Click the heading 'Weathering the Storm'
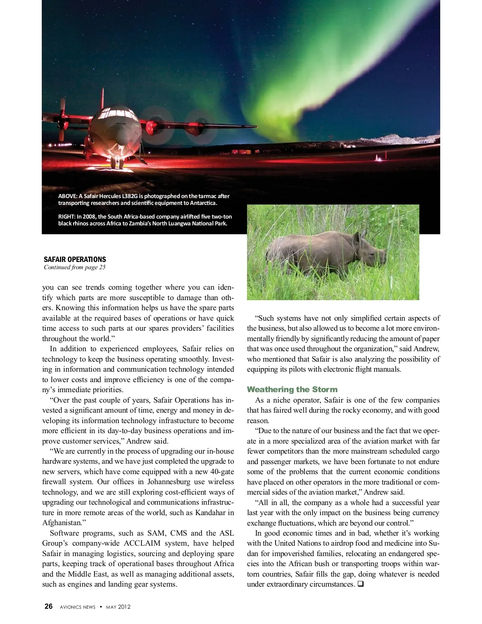click(x=292, y=389)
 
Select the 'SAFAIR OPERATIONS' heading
click(x=75, y=260)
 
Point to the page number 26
click(x=49, y=606)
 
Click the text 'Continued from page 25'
click(x=75, y=267)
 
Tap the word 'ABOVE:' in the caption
click(x=67, y=196)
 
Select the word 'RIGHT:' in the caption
click(x=67, y=217)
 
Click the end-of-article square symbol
click(x=360, y=584)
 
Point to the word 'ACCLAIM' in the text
click(x=142, y=543)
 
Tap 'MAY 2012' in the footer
click(x=118, y=607)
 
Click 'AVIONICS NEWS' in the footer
click(x=78, y=607)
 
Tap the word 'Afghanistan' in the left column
click(x=62, y=523)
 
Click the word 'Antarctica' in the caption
click(x=203, y=203)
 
